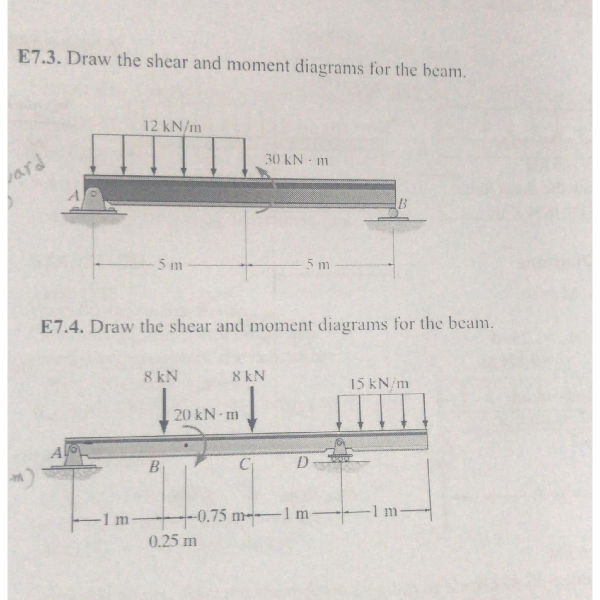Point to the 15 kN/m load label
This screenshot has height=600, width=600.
380,384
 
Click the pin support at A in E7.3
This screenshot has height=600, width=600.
95,201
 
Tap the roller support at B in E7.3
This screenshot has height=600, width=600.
393,214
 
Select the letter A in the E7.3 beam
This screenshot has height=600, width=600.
74,195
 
